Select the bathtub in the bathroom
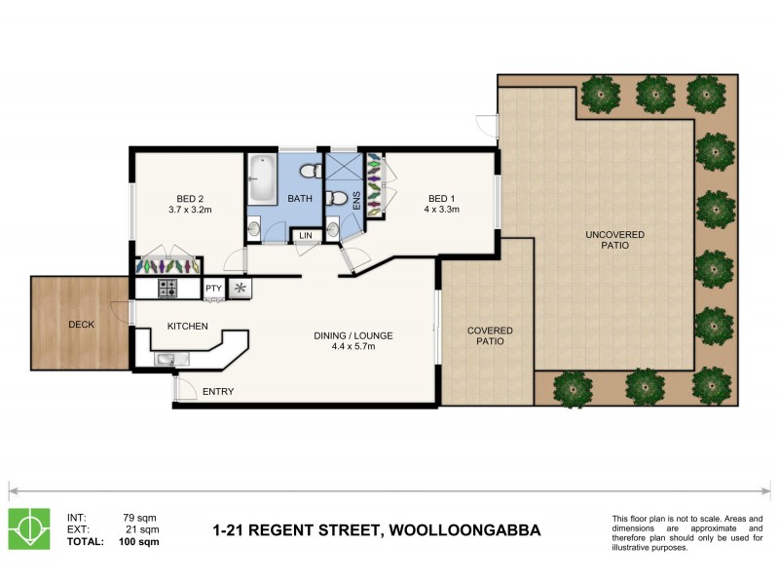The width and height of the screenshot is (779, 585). [x=262, y=178]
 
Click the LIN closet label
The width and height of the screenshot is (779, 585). [x=305, y=236]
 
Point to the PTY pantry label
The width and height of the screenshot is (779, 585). [x=213, y=289]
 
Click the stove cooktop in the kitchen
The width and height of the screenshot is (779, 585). [x=167, y=289]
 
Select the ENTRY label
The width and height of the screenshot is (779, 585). [x=218, y=392]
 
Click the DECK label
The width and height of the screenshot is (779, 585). [x=81, y=325]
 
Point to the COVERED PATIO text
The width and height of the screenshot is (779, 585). [x=489, y=336]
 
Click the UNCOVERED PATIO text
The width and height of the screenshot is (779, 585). [x=614, y=240]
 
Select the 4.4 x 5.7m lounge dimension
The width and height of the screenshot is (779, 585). [x=353, y=347]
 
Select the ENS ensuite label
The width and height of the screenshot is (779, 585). [x=356, y=200]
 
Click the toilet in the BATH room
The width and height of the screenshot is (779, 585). [x=310, y=172]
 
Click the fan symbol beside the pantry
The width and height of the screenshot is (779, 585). [x=240, y=289]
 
